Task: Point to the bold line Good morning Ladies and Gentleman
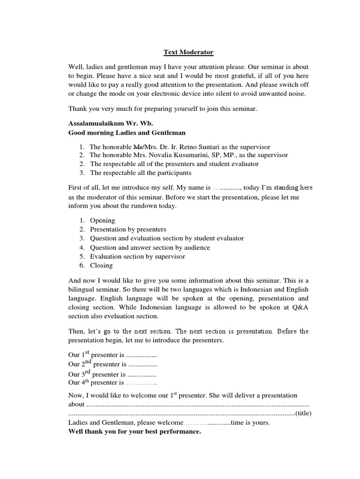click(x=127, y=133)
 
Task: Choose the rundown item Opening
click(x=102, y=220)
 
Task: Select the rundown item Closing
click(x=101, y=265)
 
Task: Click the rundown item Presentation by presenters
click(x=128, y=229)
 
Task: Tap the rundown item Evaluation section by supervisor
click(x=137, y=256)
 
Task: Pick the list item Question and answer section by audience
click(x=150, y=247)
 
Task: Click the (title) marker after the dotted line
click(x=303, y=414)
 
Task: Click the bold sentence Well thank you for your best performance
click(x=135, y=431)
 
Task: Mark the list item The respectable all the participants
click(x=141, y=173)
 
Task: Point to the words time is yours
click(x=251, y=422)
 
